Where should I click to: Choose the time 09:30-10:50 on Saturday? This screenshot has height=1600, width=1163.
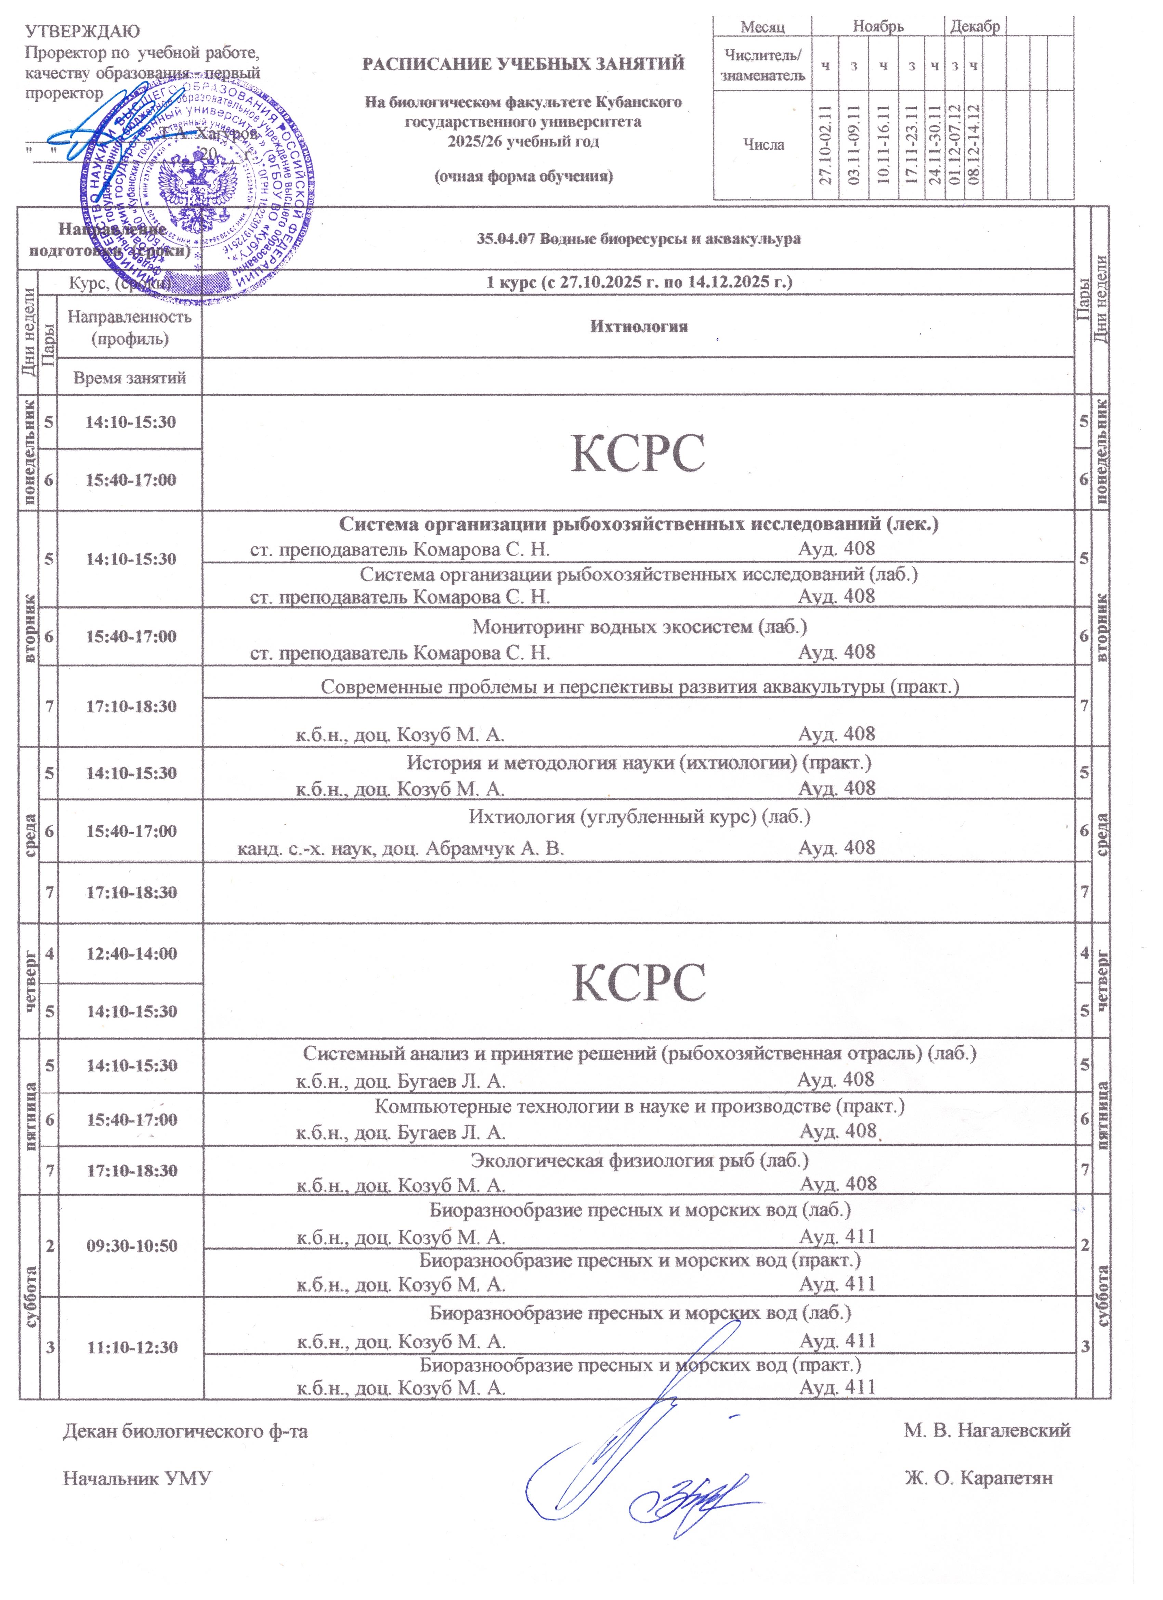point(131,1245)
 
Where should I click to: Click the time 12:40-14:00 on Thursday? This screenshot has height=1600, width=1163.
point(131,954)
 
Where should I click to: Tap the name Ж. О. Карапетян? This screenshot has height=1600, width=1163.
point(978,1478)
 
